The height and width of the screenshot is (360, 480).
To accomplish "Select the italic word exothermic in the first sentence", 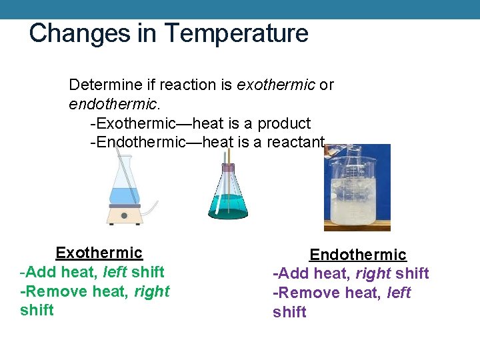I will (x=276, y=85).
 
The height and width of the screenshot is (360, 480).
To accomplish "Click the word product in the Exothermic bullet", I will (x=284, y=123).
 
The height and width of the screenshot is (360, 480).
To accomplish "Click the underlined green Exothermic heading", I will (x=99, y=253).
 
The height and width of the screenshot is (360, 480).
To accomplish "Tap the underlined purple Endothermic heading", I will (x=358, y=255).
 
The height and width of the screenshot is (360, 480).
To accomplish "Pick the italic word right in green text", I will (x=152, y=291).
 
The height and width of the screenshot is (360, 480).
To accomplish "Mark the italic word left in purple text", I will (x=399, y=293).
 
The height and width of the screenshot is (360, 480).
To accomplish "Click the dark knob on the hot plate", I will (x=124, y=215).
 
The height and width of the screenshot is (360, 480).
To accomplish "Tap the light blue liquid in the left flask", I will (x=124, y=196).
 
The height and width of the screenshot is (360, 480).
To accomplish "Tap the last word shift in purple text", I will (x=289, y=312).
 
